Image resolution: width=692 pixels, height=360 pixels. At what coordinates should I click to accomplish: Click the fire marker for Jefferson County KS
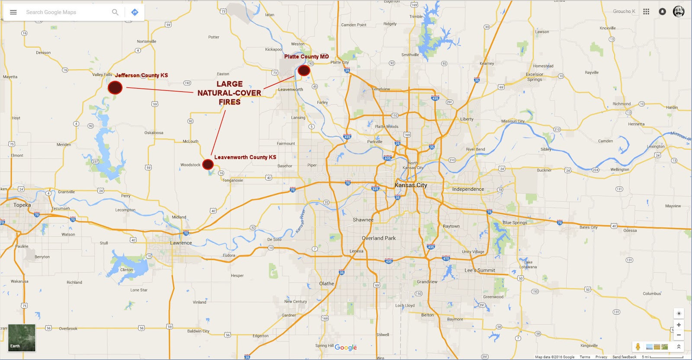(x=115, y=87)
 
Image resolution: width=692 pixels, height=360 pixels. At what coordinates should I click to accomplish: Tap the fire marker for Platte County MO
(x=304, y=70)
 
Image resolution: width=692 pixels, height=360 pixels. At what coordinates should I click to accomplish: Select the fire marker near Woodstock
(x=208, y=164)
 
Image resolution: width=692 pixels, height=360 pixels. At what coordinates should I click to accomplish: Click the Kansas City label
(x=410, y=185)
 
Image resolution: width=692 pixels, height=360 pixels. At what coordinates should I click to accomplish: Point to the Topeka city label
(x=22, y=205)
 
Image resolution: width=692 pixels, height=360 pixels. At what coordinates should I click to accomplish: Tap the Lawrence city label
(x=181, y=243)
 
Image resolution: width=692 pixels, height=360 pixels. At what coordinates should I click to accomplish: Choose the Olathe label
(x=327, y=284)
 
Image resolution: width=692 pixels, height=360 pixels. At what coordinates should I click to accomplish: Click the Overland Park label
(x=378, y=238)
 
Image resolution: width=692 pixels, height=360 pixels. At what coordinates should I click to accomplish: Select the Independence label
(x=468, y=189)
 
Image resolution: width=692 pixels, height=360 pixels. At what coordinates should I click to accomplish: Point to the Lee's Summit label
(x=480, y=270)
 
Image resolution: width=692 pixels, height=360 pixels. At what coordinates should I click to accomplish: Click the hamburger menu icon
(x=13, y=12)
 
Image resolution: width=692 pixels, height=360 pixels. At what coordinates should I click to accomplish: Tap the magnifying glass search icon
(x=115, y=12)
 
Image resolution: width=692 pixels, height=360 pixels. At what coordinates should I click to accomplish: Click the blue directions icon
(x=135, y=12)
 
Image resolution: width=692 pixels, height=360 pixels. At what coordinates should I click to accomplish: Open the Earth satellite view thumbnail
(x=22, y=337)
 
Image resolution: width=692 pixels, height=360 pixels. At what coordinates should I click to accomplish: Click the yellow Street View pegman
(x=638, y=347)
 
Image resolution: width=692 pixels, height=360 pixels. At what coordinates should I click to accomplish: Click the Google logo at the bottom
(x=346, y=347)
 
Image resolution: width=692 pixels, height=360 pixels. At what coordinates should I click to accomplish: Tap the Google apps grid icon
(x=646, y=12)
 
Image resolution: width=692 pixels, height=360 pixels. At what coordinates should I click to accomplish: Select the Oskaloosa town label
(x=154, y=133)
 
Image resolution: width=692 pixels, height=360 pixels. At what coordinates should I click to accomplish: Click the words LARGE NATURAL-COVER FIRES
(x=229, y=93)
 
